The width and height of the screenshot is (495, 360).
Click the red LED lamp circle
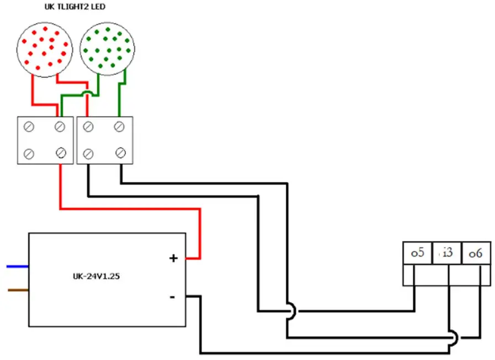coord(44,48)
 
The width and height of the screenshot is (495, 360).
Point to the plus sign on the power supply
coord(173,258)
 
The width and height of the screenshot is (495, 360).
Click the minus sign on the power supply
coord(172,297)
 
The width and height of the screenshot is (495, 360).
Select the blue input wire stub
coord(17,267)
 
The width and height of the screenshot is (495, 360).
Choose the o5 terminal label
coord(417,253)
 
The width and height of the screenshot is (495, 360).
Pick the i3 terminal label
coord(447,253)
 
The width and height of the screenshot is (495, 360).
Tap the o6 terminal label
coord(476,253)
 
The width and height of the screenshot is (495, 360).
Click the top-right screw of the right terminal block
coord(119,127)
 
